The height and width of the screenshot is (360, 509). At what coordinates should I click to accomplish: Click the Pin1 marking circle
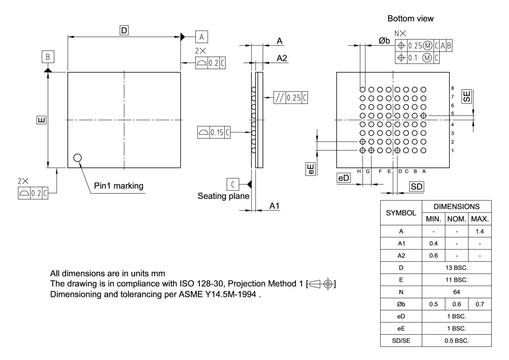pos(78,158)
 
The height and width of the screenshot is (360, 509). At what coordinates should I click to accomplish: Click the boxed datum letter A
pos(201,37)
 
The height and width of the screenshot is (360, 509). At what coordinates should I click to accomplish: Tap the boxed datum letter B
pos(48,57)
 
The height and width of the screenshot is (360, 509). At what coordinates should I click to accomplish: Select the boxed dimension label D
pos(124,30)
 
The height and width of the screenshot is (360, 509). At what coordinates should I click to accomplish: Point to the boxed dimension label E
pos(41,120)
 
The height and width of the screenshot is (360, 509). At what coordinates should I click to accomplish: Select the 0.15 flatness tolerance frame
pos(214,132)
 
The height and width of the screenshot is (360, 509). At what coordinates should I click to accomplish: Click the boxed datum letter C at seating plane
pos(233,184)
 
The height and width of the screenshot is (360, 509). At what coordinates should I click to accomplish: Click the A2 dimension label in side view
pos(282,58)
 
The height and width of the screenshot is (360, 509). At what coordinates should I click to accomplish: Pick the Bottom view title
pos(410,19)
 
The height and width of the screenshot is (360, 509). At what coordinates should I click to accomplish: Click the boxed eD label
pos(343,178)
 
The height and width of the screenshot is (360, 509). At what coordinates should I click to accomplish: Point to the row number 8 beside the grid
pos(453,88)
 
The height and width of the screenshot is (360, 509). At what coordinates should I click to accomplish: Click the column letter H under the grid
pos(359,171)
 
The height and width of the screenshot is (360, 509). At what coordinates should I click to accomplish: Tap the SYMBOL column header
pos(401,213)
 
